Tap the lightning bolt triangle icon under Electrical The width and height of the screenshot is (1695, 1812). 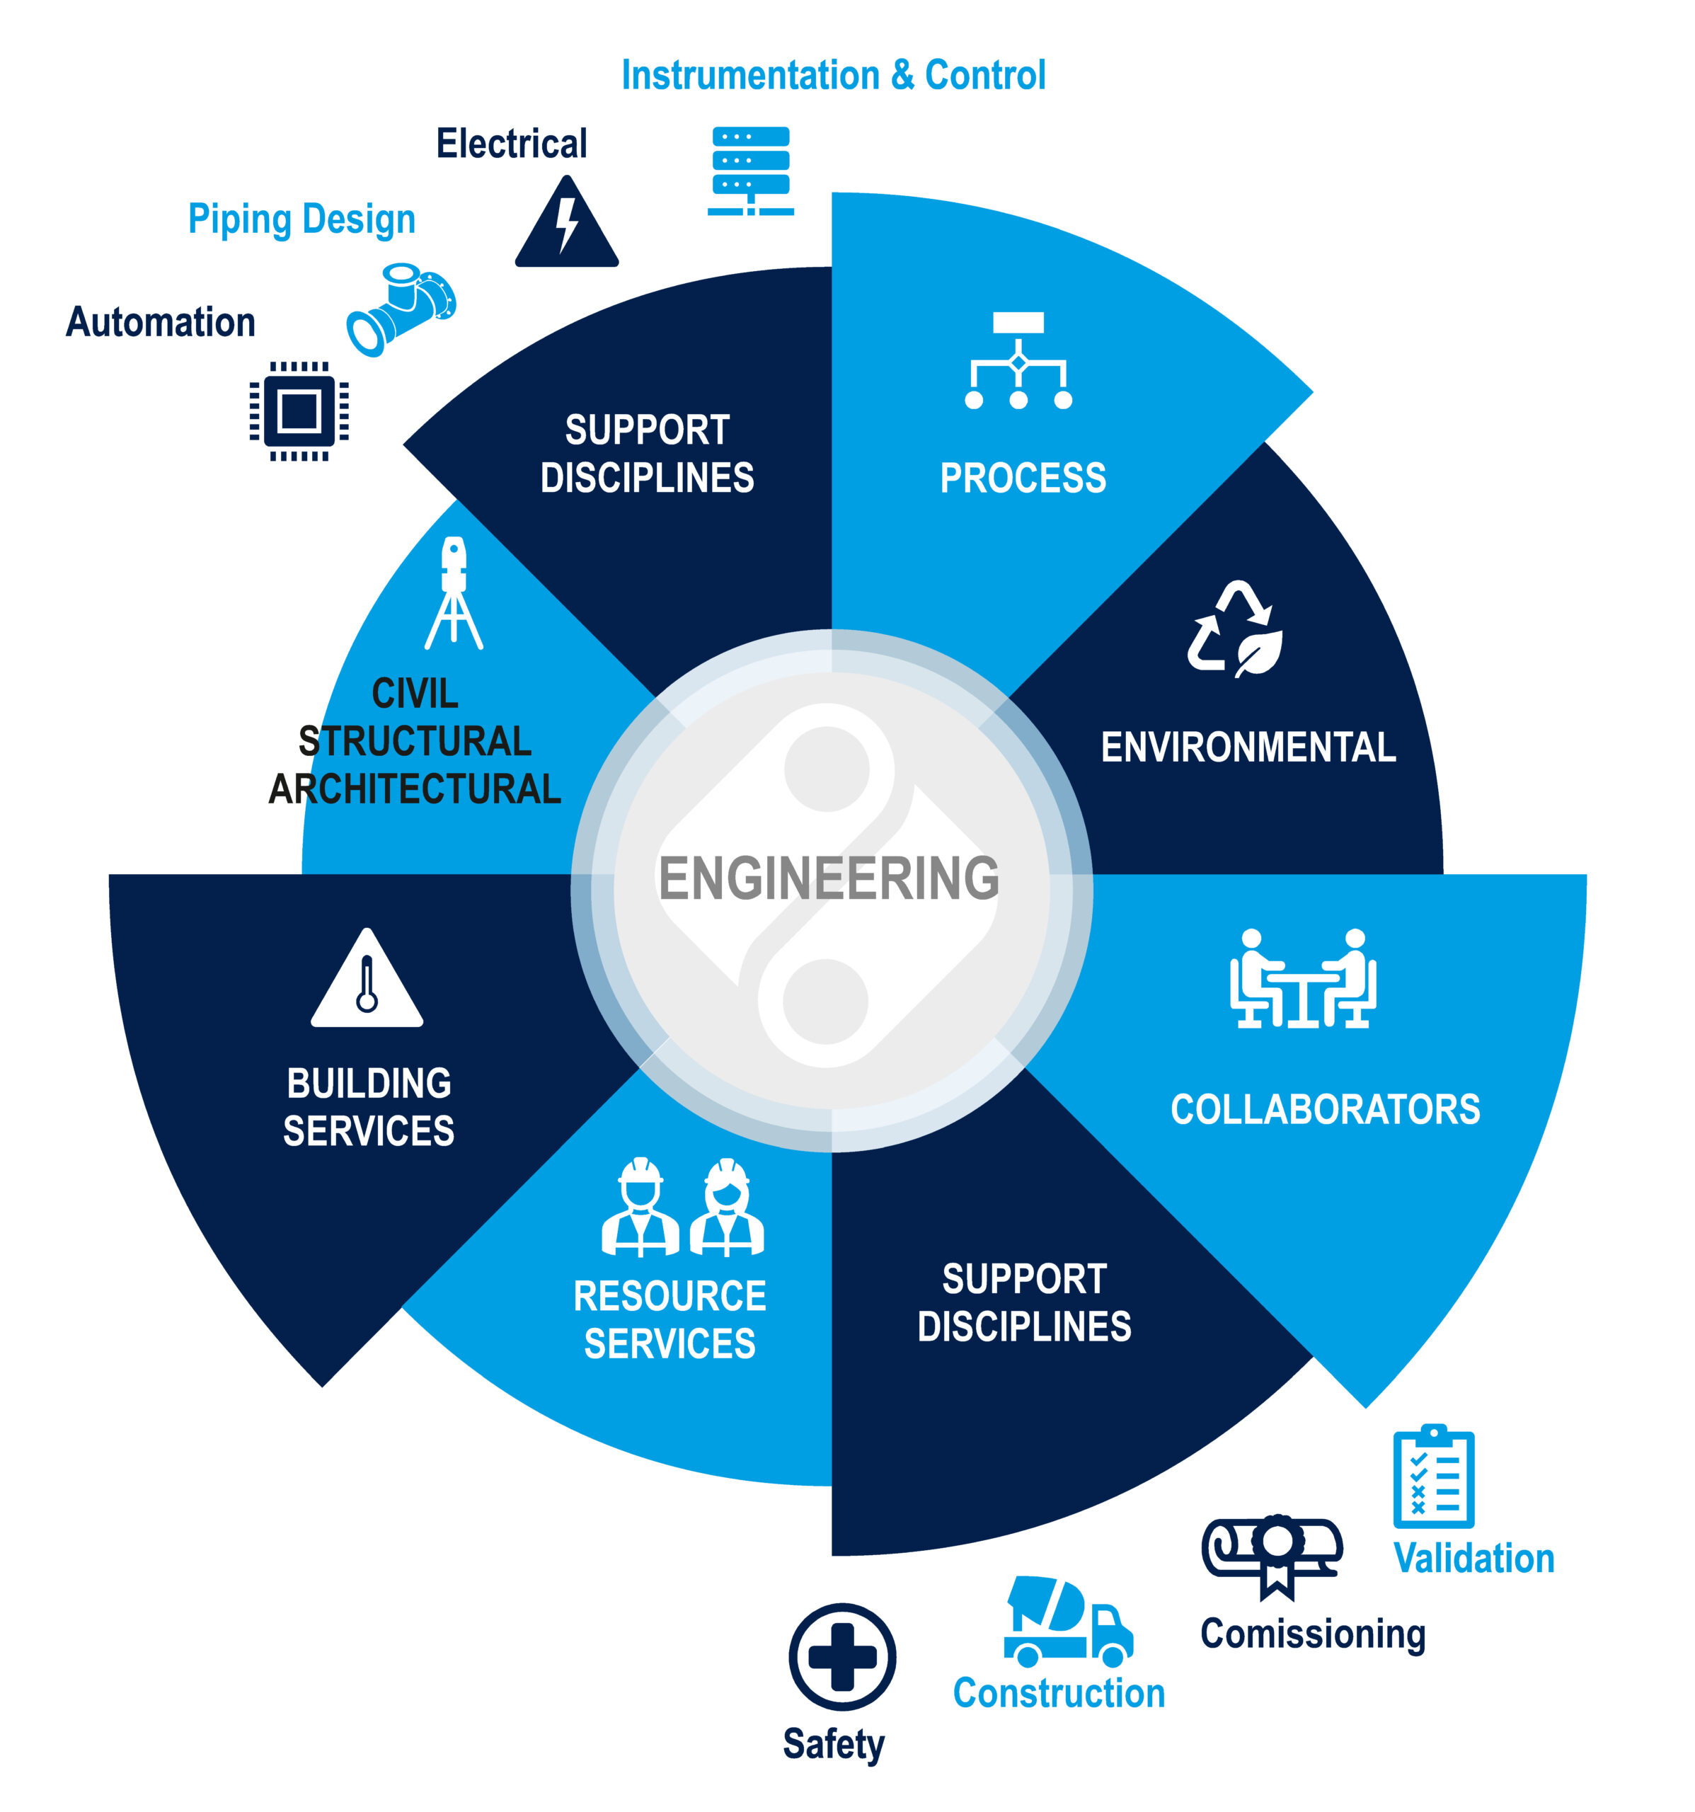[x=566, y=225]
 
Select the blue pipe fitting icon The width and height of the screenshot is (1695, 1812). [x=401, y=310]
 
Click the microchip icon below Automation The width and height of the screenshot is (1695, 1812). [x=299, y=411]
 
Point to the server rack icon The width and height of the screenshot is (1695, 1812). [x=750, y=171]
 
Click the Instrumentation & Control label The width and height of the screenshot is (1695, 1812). [x=833, y=75]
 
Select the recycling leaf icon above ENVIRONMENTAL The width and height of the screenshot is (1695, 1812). [x=1235, y=630]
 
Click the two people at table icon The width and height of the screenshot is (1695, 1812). [x=1302, y=979]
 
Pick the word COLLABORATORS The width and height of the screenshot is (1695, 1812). [x=1325, y=1109]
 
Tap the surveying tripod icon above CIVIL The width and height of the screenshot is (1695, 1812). [x=454, y=593]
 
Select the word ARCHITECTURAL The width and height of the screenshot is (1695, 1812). [x=415, y=789]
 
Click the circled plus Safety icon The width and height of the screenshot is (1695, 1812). [x=842, y=1656]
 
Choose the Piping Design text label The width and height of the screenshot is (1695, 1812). [x=301, y=219]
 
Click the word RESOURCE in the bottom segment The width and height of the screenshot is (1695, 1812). [x=670, y=1296]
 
